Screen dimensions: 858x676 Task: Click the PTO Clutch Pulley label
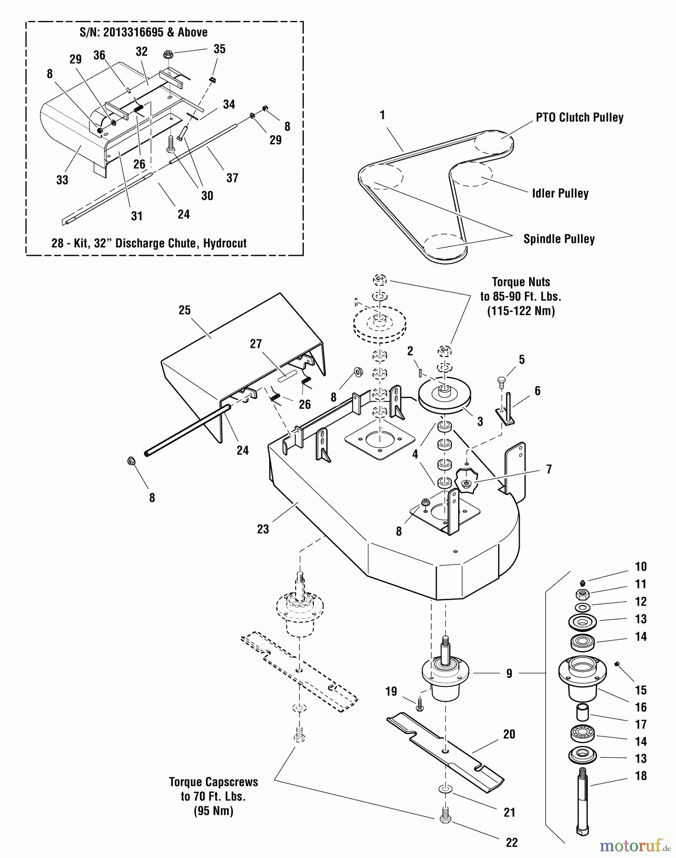point(579,118)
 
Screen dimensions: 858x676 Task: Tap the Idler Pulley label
point(560,194)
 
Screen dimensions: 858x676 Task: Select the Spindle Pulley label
point(559,239)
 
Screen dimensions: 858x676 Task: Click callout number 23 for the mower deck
point(263,529)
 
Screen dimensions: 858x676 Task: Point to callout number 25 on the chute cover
point(185,310)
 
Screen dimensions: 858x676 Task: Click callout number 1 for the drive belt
point(382,115)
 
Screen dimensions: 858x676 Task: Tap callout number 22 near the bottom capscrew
point(511,842)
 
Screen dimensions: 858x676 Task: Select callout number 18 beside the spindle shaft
point(641,776)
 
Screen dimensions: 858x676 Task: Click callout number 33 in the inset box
point(62,180)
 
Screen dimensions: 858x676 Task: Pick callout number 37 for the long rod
point(232,178)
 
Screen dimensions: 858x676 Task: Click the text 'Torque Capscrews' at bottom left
point(213,782)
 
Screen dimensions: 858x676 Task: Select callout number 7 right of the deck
point(549,470)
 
